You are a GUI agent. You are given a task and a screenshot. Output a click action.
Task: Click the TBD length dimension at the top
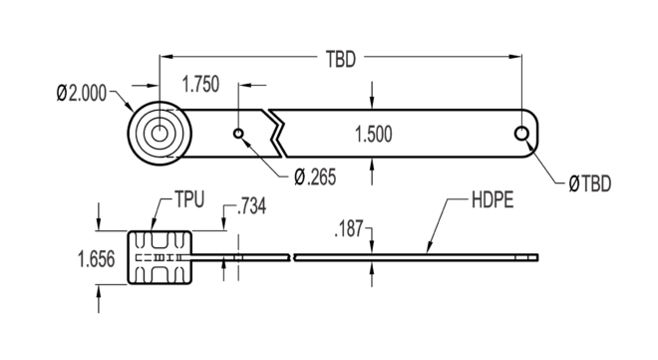[x=341, y=59]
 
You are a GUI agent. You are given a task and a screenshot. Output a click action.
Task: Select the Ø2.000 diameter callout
[x=82, y=93]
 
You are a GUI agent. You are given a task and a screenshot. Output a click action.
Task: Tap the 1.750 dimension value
[x=201, y=84]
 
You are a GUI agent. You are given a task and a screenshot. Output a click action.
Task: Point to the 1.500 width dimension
[x=374, y=135]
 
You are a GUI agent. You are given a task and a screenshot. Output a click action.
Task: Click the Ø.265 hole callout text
[x=315, y=178]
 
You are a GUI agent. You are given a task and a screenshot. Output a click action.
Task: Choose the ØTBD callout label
[x=589, y=183]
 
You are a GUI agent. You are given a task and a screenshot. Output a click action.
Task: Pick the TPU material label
[x=189, y=199]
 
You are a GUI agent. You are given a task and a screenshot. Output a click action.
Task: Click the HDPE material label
[x=493, y=199]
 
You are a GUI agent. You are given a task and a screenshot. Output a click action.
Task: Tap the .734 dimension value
[x=251, y=206]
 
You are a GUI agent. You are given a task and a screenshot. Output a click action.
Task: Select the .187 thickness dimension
[x=349, y=229]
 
